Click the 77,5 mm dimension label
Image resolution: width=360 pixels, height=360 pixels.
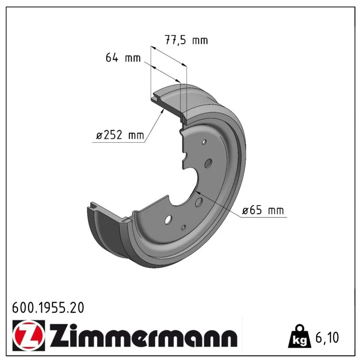186,40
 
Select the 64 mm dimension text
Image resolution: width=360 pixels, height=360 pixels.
123,58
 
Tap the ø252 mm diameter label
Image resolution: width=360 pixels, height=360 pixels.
120,135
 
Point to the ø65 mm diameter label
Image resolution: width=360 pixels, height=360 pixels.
263,210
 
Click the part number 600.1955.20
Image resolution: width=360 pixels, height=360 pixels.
48,308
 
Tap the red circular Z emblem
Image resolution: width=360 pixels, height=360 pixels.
29,335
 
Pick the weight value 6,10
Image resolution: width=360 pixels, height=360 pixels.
327,337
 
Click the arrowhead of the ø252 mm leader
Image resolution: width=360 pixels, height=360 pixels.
162,111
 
